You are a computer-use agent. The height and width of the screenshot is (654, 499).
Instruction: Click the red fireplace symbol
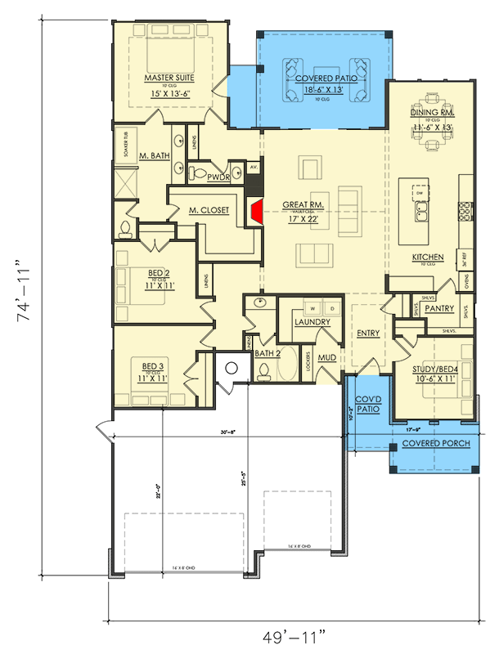[x=255, y=212]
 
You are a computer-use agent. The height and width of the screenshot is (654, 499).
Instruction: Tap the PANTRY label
[x=439, y=308]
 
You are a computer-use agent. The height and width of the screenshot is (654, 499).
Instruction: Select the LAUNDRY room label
[x=312, y=322]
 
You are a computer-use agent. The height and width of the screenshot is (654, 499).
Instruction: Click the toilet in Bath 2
[x=265, y=372]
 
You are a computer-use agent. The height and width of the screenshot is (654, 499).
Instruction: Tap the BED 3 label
[x=154, y=366]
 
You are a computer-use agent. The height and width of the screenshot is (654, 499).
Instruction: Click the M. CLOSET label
[x=208, y=209]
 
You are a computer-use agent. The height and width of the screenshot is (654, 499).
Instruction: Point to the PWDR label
[x=217, y=176]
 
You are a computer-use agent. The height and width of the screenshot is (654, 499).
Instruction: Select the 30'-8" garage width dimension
[x=228, y=432]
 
